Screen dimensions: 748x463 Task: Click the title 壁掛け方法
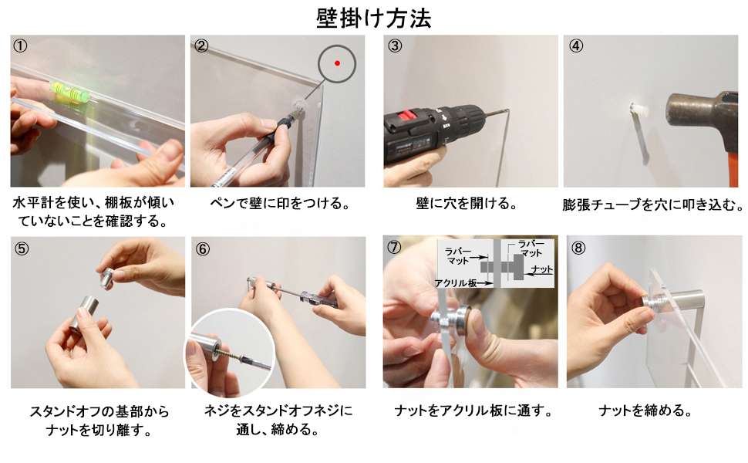coord(373,19)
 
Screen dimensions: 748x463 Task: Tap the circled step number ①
coord(20,46)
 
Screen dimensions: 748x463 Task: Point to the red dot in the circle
coord(337,63)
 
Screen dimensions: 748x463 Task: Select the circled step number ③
coord(395,46)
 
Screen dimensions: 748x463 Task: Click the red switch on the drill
coord(407,116)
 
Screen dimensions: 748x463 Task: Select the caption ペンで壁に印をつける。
coord(280,204)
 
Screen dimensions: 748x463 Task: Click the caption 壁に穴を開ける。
coord(467,204)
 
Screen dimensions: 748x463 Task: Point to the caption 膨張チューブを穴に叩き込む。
coord(653,204)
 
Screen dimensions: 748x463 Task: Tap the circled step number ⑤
coord(21,248)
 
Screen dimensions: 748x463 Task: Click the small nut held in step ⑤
coord(108,279)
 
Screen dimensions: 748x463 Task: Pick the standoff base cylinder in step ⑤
coord(84,315)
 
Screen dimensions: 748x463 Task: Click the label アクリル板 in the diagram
coord(456,283)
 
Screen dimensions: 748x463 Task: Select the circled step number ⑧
coord(578,248)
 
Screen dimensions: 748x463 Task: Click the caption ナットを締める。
coord(645,411)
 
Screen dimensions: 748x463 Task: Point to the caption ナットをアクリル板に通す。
coord(473,411)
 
